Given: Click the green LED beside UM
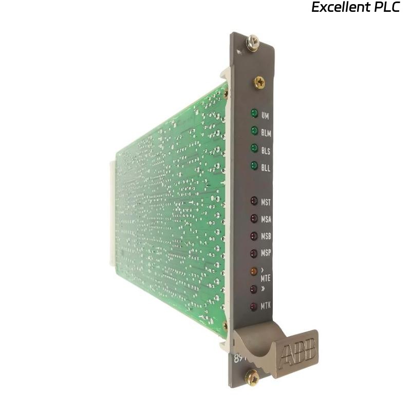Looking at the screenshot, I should (254, 114).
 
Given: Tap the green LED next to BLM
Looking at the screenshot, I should (254, 131).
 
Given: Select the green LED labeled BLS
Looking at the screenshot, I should (254, 148).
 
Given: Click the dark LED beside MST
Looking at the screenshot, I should (254, 201).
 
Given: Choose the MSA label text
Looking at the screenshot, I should (266, 220).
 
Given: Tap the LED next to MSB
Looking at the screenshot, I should (254, 236).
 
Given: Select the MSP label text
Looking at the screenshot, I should (266, 254).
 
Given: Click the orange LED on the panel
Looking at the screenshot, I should (254, 271).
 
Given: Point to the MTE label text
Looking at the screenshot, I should (266, 278).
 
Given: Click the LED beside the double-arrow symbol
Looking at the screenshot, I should (254, 289).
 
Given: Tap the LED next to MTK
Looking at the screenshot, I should (254, 307).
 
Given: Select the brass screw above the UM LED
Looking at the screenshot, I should (259, 82).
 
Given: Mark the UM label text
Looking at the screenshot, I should (265, 116).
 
